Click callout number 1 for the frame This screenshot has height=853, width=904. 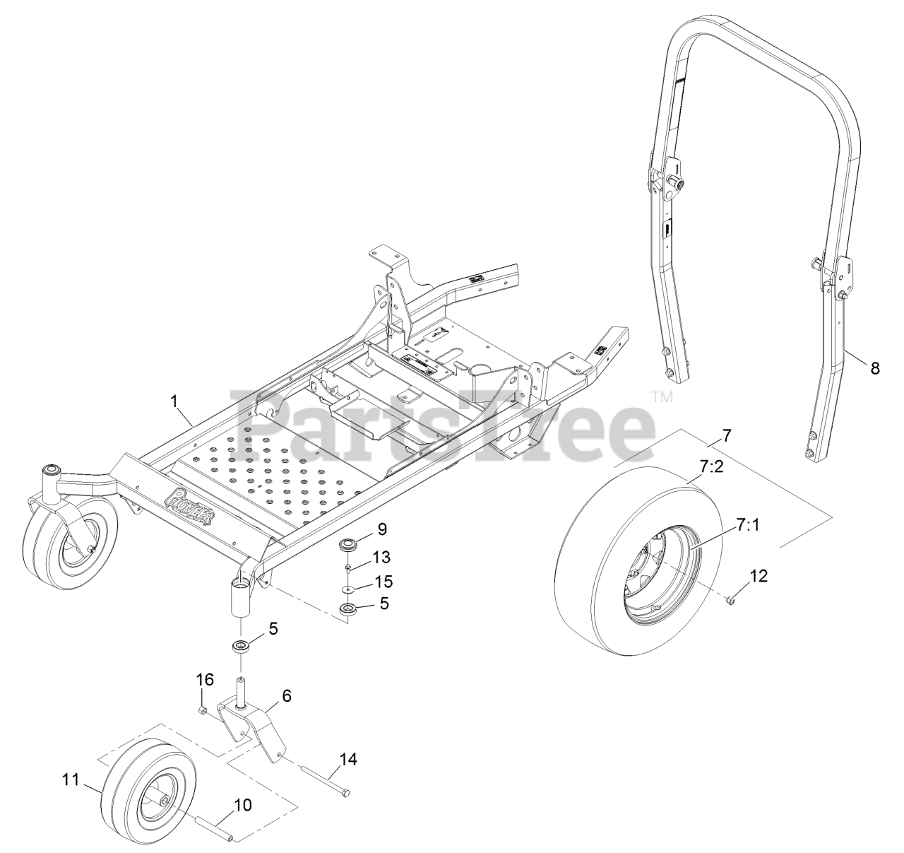tap(175, 401)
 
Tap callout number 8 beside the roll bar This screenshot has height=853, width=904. tap(875, 367)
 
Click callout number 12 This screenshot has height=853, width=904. tap(758, 576)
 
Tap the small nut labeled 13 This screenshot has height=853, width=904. tap(349, 567)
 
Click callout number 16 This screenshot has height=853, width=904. tap(205, 679)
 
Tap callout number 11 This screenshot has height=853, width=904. tap(69, 780)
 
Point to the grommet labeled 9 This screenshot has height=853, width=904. tap(347, 545)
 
